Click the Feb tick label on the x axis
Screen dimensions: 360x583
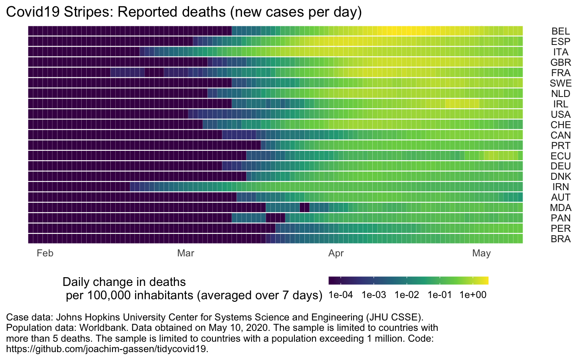click(x=45, y=253)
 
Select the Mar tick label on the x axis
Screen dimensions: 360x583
click(x=186, y=253)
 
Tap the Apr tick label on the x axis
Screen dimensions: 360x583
click(x=336, y=253)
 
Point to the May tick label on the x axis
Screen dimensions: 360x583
click(x=481, y=253)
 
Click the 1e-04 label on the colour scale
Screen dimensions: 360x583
click(x=341, y=295)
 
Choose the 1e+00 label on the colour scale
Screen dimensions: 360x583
click(x=473, y=295)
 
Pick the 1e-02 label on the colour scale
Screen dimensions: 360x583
click(x=407, y=295)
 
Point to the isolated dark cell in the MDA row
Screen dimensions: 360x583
click(x=304, y=207)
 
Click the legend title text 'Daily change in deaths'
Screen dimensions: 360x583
click(x=124, y=282)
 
